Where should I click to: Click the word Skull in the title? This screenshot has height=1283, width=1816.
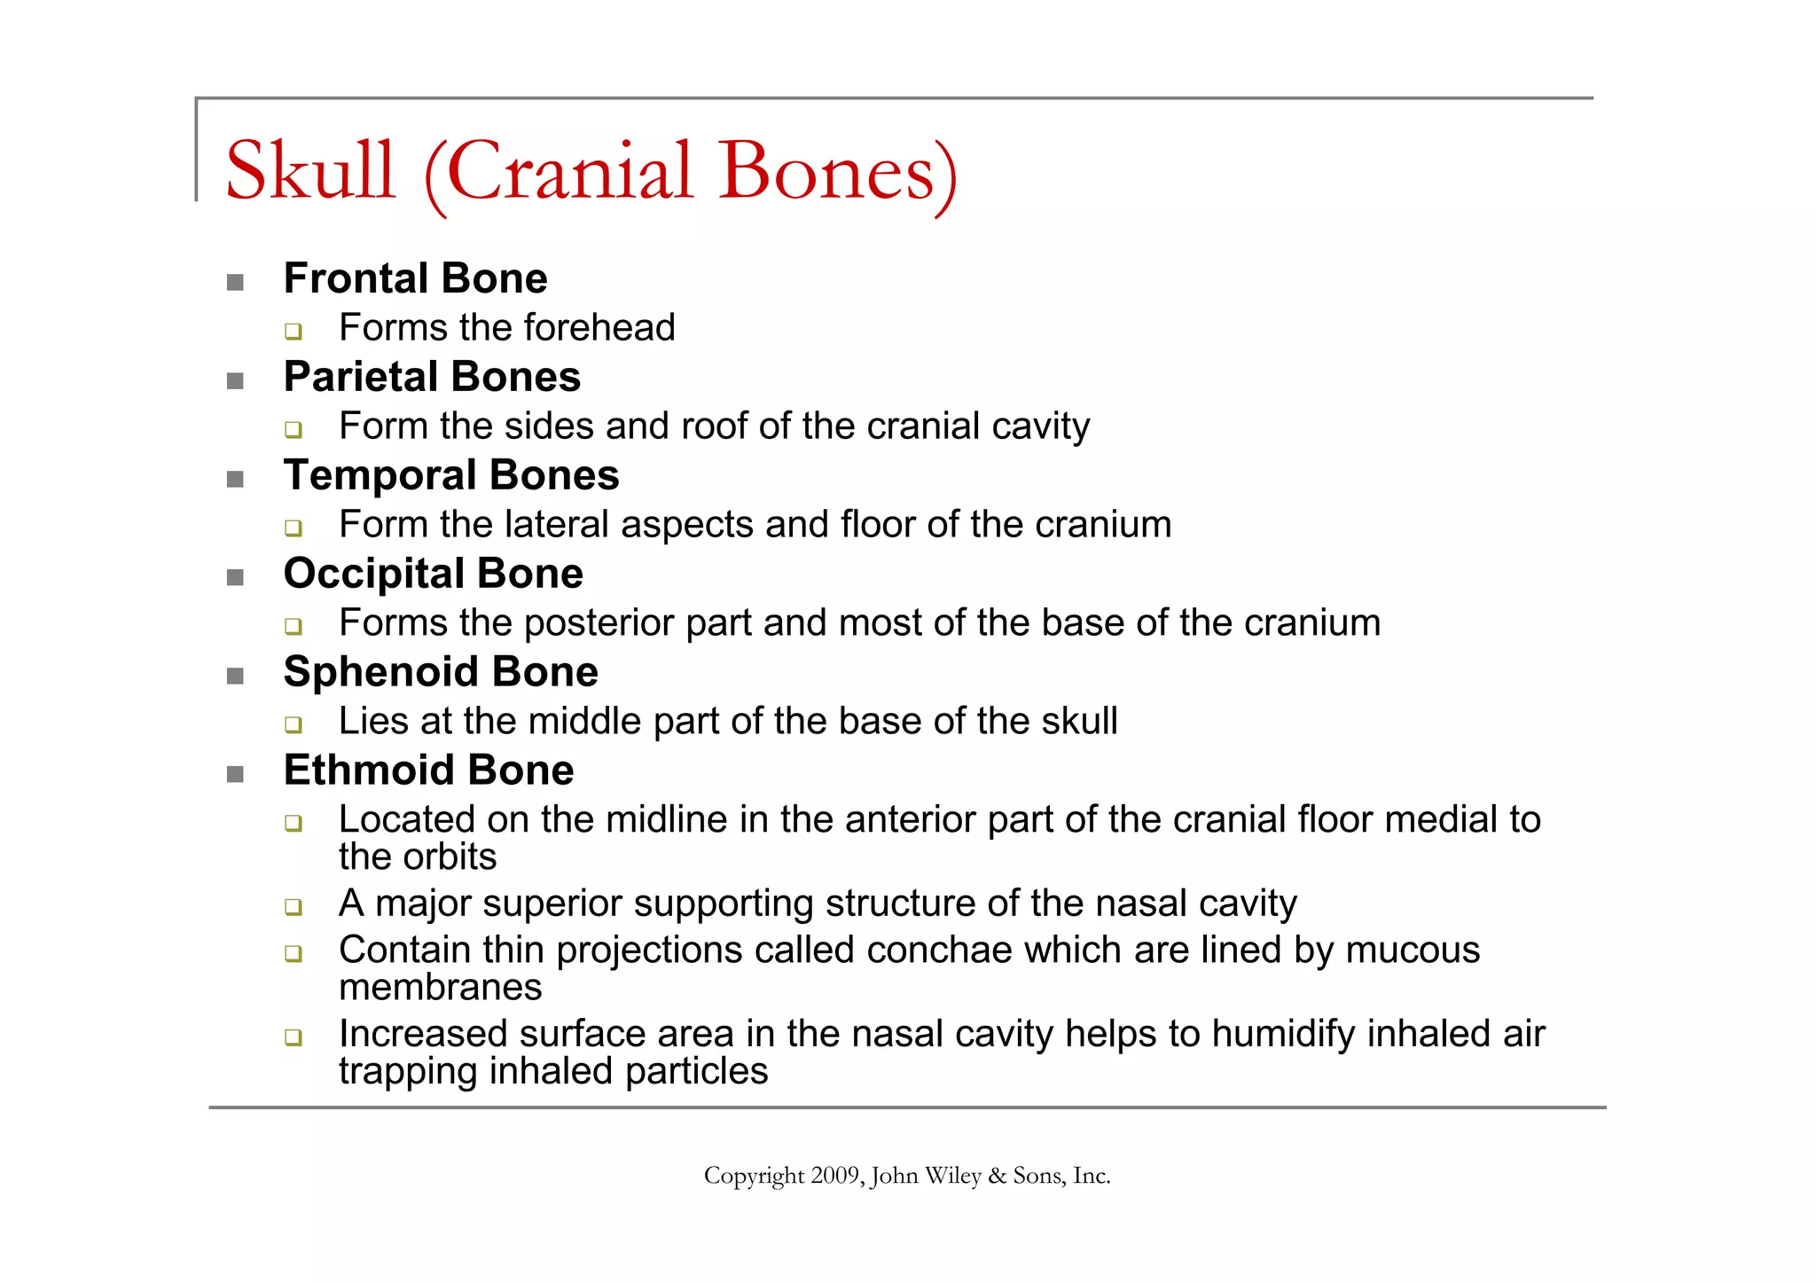point(309,170)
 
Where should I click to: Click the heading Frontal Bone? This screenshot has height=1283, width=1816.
point(415,278)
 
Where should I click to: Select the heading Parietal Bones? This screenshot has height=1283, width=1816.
point(432,377)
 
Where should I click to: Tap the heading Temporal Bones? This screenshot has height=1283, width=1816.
point(450,475)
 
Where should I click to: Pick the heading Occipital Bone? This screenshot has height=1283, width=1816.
point(433,574)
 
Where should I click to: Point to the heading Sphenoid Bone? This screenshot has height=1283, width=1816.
point(441,672)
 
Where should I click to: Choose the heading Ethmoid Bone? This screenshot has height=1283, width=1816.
point(428,771)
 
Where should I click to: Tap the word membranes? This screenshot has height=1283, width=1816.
point(440,988)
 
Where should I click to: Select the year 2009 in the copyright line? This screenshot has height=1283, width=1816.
point(835,1176)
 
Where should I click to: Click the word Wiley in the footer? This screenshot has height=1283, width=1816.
point(952,1176)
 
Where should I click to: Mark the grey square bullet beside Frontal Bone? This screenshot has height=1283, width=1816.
point(235,283)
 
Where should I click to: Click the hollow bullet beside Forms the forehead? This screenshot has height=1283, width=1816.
point(294,332)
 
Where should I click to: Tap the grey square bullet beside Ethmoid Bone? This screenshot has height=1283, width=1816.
point(235,775)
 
